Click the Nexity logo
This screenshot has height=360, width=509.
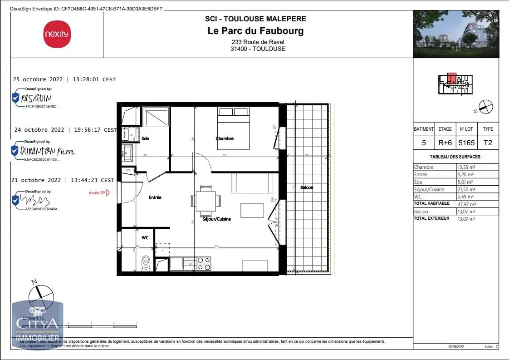tap(57, 34)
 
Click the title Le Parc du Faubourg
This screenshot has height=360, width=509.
tap(255, 31)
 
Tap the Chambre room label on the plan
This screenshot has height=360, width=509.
tap(225, 138)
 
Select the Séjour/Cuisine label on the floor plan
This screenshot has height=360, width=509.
tap(216, 219)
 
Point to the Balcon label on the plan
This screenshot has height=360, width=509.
tap(307, 187)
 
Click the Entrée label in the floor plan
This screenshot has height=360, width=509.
tap(155, 197)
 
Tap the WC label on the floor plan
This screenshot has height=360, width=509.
tap(145, 237)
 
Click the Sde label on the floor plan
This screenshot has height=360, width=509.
tap(145, 138)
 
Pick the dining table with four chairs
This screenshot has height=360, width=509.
tap(206, 200)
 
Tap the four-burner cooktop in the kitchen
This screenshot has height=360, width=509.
tap(204, 263)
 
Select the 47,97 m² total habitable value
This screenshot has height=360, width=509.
tap(466, 204)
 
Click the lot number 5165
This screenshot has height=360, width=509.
tap(466, 143)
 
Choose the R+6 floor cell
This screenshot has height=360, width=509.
tap(445, 143)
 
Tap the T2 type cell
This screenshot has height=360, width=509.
tap(488, 143)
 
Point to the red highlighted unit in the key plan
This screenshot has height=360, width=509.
tap(451, 78)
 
